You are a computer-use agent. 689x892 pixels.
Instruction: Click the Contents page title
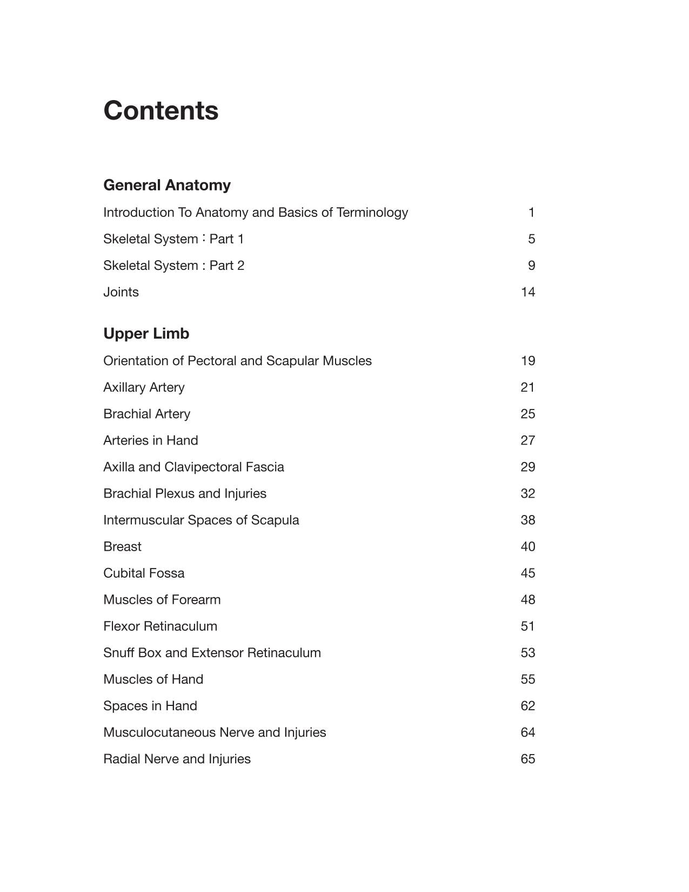pos(161,110)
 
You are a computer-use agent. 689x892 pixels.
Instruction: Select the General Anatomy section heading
pos(167,185)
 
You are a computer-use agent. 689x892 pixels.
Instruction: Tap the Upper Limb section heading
pos(146,334)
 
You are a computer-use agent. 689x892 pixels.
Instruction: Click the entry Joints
pos(121,292)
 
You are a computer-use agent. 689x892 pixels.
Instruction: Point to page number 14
pos(527,292)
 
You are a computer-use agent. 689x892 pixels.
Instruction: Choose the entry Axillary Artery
pos(144,387)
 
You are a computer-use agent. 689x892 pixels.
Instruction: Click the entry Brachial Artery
pos(146,414)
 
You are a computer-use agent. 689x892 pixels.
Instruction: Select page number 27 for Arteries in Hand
pos(527,440)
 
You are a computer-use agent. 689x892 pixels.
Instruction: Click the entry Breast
pos(122,546)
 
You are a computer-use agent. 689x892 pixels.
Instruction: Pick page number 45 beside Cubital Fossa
pos(527,573)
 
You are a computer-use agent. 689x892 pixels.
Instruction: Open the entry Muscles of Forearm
pos(162,599)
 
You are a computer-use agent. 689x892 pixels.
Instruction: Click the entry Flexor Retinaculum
pos(160,626)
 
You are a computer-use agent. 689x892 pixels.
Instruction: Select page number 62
pos(527,705)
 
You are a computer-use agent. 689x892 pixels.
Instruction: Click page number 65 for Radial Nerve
pos(527,759)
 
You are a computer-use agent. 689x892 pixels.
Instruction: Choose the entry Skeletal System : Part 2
pos(173,266)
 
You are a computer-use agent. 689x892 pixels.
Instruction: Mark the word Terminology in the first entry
pos(372,213)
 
